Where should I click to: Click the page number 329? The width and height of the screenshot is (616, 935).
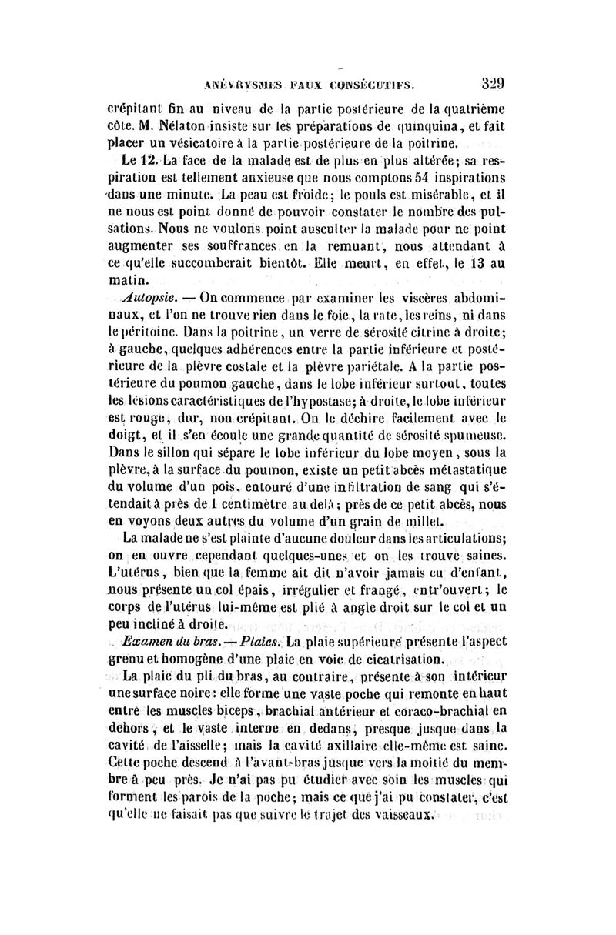(x=498, y=82)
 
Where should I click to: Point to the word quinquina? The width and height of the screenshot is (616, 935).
(x=419, y=126)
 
